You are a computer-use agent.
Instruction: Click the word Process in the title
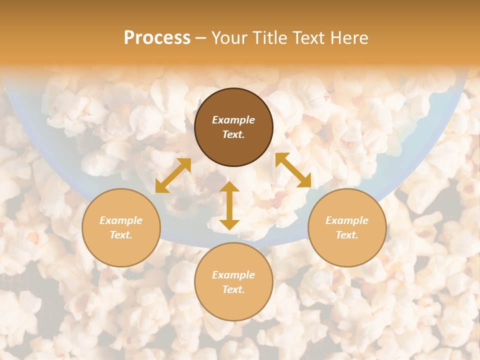pyautogui.click(x=157, y=38)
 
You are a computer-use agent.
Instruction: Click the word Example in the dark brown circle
pyautogui.click(x=233, y=120)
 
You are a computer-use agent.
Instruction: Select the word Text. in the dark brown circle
pyautogui.click(x=233, y=134)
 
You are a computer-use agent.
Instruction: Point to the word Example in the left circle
pyautogui.click(x=121, y=220)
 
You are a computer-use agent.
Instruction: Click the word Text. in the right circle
pyautogui.click(x=347, y=235)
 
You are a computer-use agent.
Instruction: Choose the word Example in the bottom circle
pyautogui.click(x=233, y=275)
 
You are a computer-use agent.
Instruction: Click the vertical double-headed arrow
pyautogui.click(x=229, y=205)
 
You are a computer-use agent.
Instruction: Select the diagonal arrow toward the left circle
pyautogui.click(x=173, y=175)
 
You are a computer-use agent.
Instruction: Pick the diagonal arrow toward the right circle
pyautogui.click(x=293, y=170)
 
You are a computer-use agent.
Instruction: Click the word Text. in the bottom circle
pyautogui.click(x=233, y=289)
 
